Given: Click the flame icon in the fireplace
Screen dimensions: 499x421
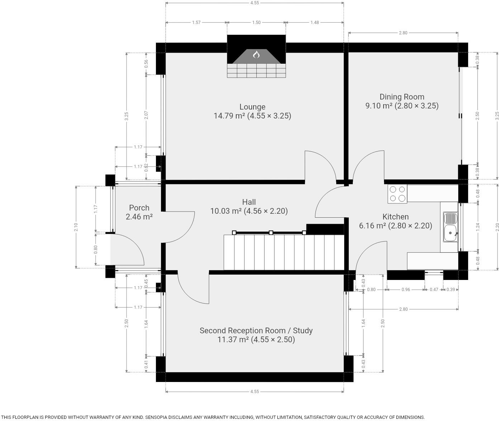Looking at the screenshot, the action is (x=256, y=55).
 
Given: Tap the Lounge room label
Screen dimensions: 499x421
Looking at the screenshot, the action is (x=252, y=107).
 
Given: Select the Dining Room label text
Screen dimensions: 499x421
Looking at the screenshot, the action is (x=402, y=97).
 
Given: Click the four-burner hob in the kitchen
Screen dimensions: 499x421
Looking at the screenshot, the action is (x=397, y=194).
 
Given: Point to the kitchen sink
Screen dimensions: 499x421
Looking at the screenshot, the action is (x=451, y=227).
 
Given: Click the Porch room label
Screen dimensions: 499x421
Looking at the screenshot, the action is (x=139, y=208).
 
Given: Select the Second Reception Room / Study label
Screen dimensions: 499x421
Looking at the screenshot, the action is (x=256, y=330).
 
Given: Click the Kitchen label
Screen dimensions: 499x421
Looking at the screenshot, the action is (x=395, y=217).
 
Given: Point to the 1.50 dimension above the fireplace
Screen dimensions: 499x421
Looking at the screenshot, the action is (x=256, y=23).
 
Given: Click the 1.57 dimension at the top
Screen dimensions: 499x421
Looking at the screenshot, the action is (x=196, y=23).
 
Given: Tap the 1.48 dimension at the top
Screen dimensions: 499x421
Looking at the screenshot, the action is (x=314, y=23).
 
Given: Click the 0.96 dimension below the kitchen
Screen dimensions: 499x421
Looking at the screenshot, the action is (x=406, y=290).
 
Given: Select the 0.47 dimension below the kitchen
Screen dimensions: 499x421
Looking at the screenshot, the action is (x=434, y=290).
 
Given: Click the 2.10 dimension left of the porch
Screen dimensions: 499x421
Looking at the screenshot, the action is (x=76, y=227).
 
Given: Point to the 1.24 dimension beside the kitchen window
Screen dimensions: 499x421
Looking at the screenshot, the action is (x=478, y=227).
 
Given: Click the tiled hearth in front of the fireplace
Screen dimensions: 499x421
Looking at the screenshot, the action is (x=256, y=71).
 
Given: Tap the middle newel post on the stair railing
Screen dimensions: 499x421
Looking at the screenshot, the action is (x=271, y=232).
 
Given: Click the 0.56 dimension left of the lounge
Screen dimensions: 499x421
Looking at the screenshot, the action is (x=146, y=63).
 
